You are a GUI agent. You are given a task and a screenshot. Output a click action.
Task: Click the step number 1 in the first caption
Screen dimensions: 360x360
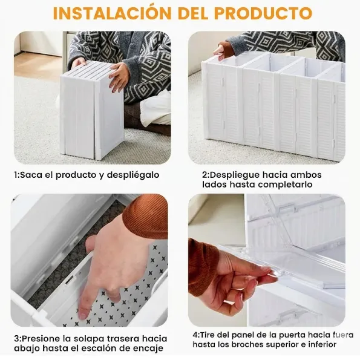coord(16,175)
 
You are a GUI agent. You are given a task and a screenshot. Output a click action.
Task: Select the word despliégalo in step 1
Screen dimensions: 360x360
coord(134,175)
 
